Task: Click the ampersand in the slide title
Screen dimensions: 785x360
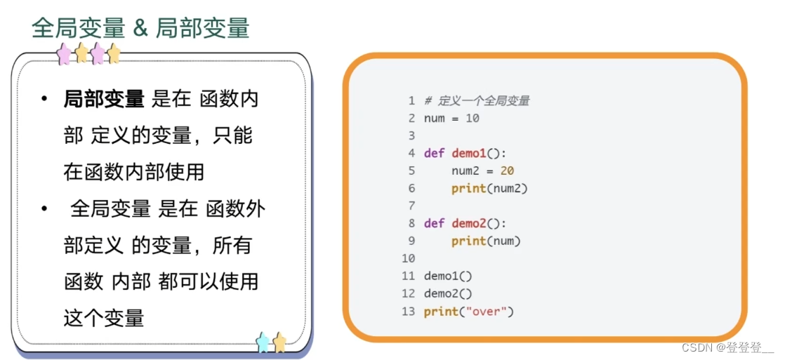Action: [x=139, y=29]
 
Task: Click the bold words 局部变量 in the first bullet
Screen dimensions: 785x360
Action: [x=104, y=100]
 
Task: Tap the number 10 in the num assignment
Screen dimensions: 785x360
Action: [x=473, y=118]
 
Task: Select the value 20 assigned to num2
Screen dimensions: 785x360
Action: [x=508, y=171]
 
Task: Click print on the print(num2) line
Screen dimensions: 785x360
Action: [x=468, y=188]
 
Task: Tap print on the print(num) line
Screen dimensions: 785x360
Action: [x=468, y=241]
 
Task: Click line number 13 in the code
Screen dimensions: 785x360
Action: [x=408, y=311]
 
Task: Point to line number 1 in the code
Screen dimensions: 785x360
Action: [x=411, y=100]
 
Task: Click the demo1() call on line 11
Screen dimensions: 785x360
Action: [x=448, y=276]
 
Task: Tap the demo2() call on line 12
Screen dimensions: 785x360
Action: [x=448, y=293]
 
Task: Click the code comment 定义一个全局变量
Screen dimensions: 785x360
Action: [x=484, y=100]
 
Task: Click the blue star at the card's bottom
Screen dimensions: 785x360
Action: [x=263, y=342]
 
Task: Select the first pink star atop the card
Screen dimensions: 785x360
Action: [x=65, y=53]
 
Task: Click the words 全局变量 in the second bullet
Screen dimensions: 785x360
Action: [x=110, y=208]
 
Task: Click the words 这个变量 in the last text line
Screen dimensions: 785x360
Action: [x=104, y=318]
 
